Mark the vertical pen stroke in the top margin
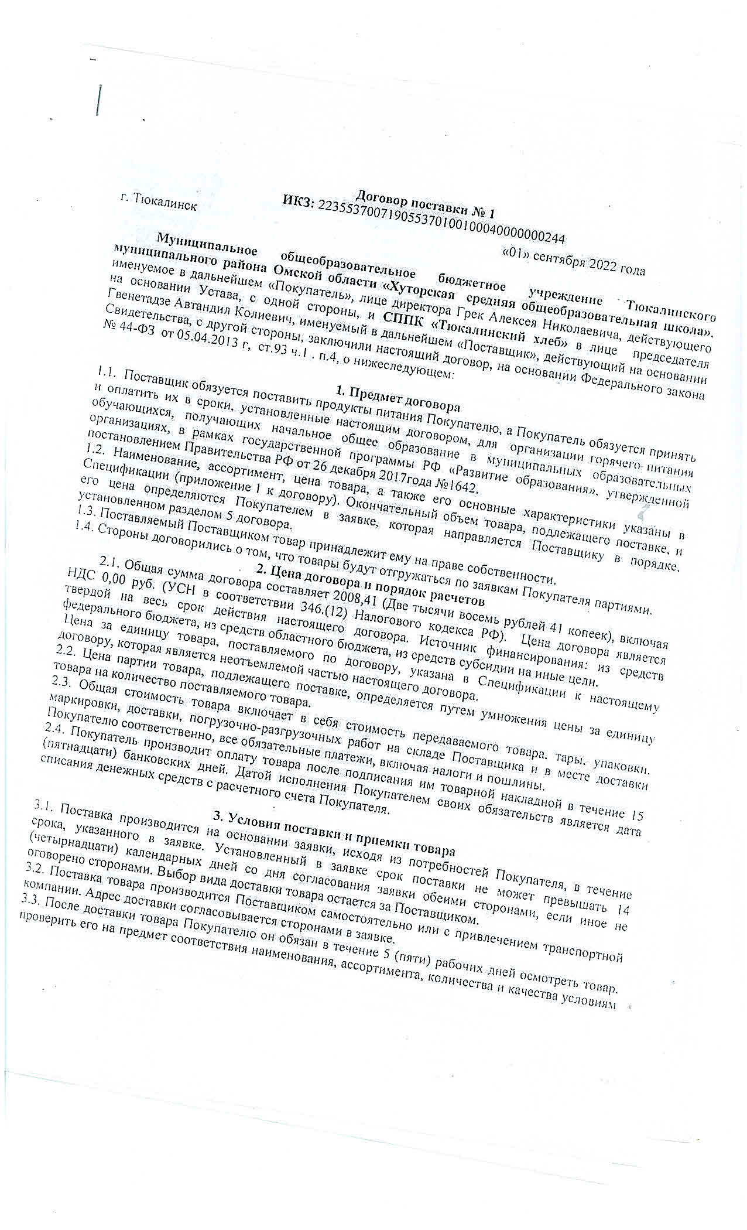[100, 100]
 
